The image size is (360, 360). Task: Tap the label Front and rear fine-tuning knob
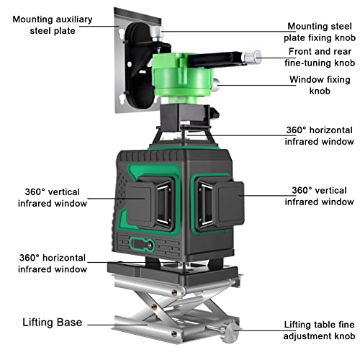320,58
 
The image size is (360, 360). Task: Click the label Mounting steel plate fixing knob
320,32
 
